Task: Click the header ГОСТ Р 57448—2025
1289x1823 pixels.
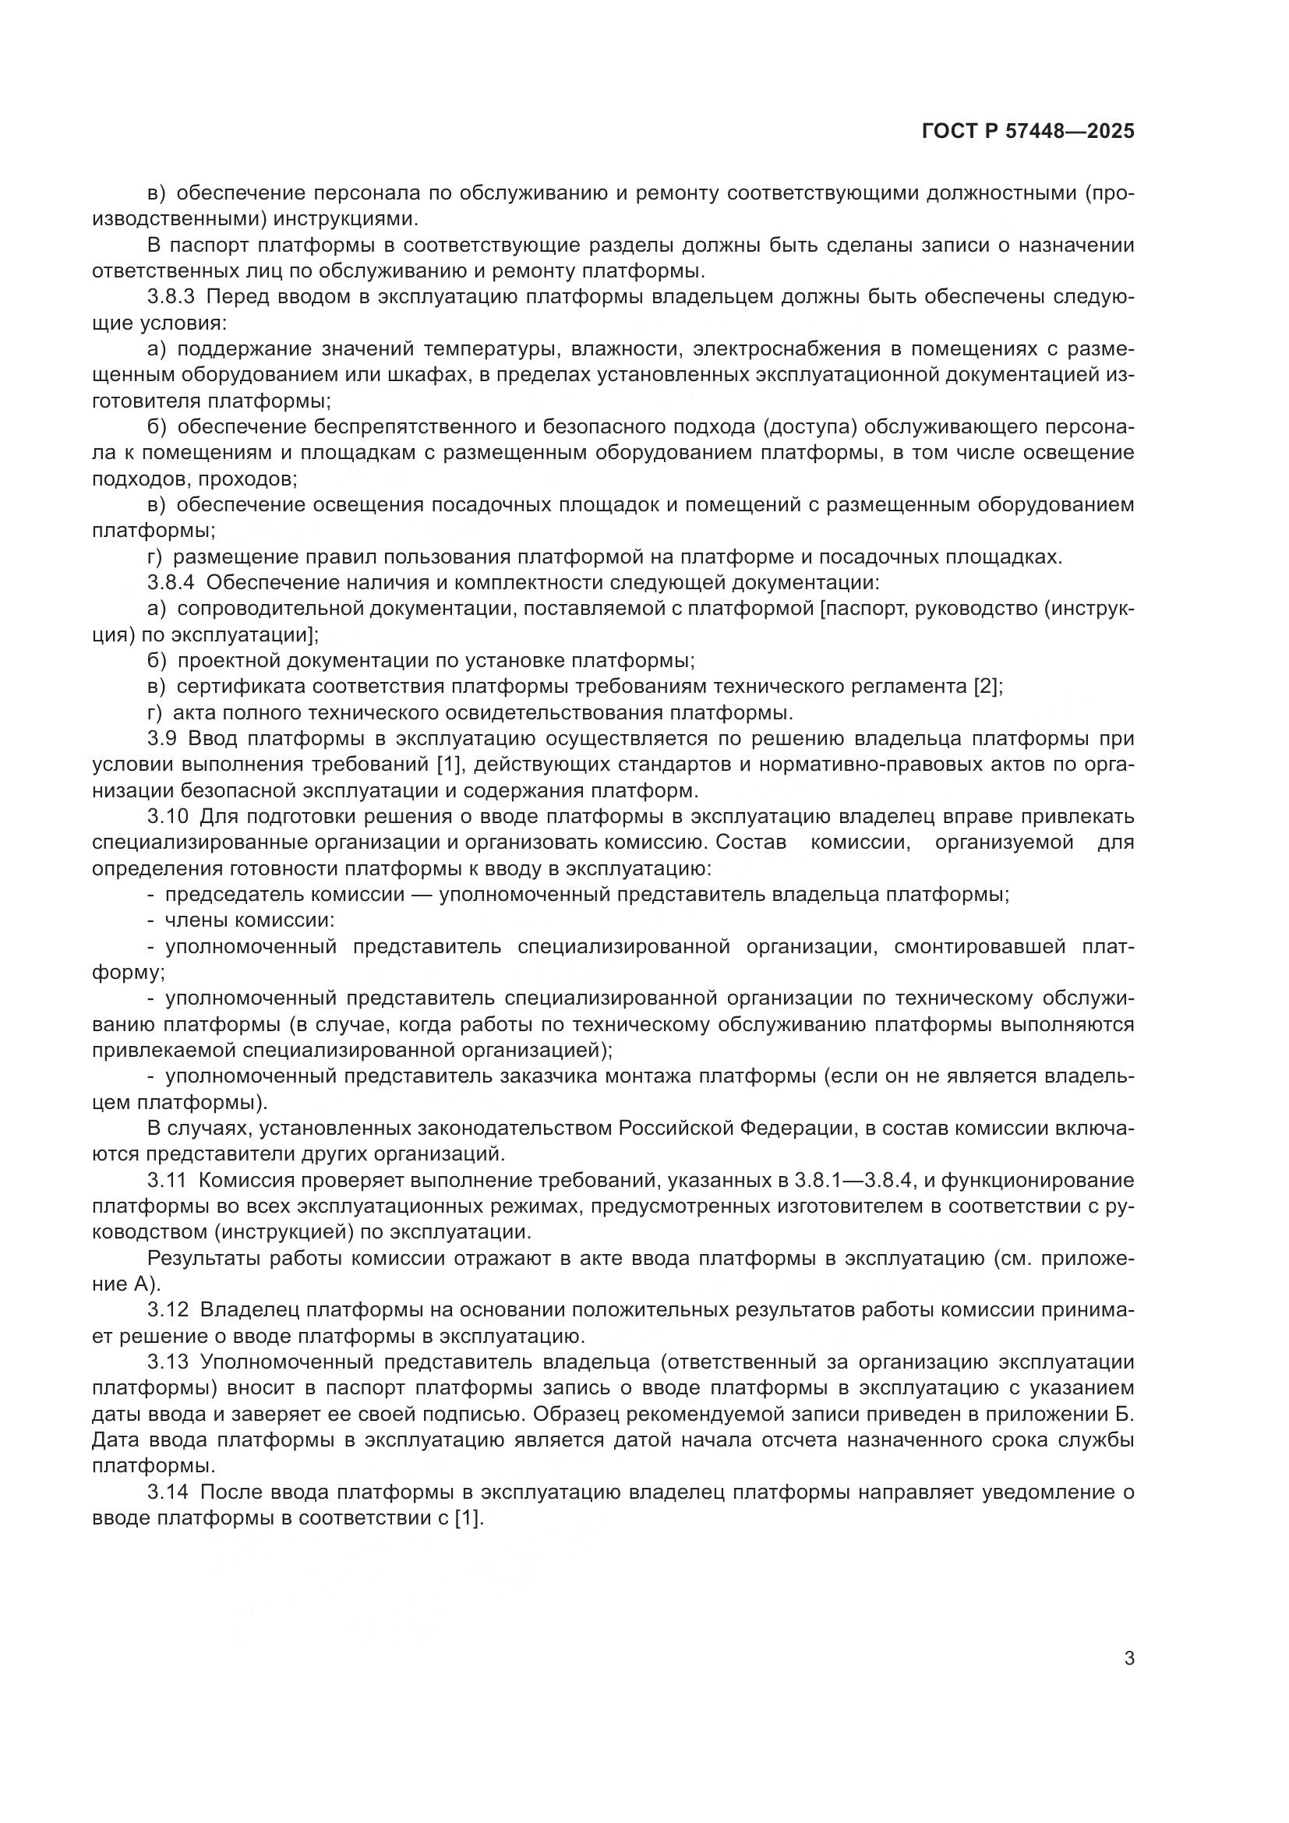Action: [1028, 132]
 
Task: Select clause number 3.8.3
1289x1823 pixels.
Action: [171, 298]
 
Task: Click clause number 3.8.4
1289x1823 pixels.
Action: [171, 583]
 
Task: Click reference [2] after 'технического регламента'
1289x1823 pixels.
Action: [987, 686]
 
